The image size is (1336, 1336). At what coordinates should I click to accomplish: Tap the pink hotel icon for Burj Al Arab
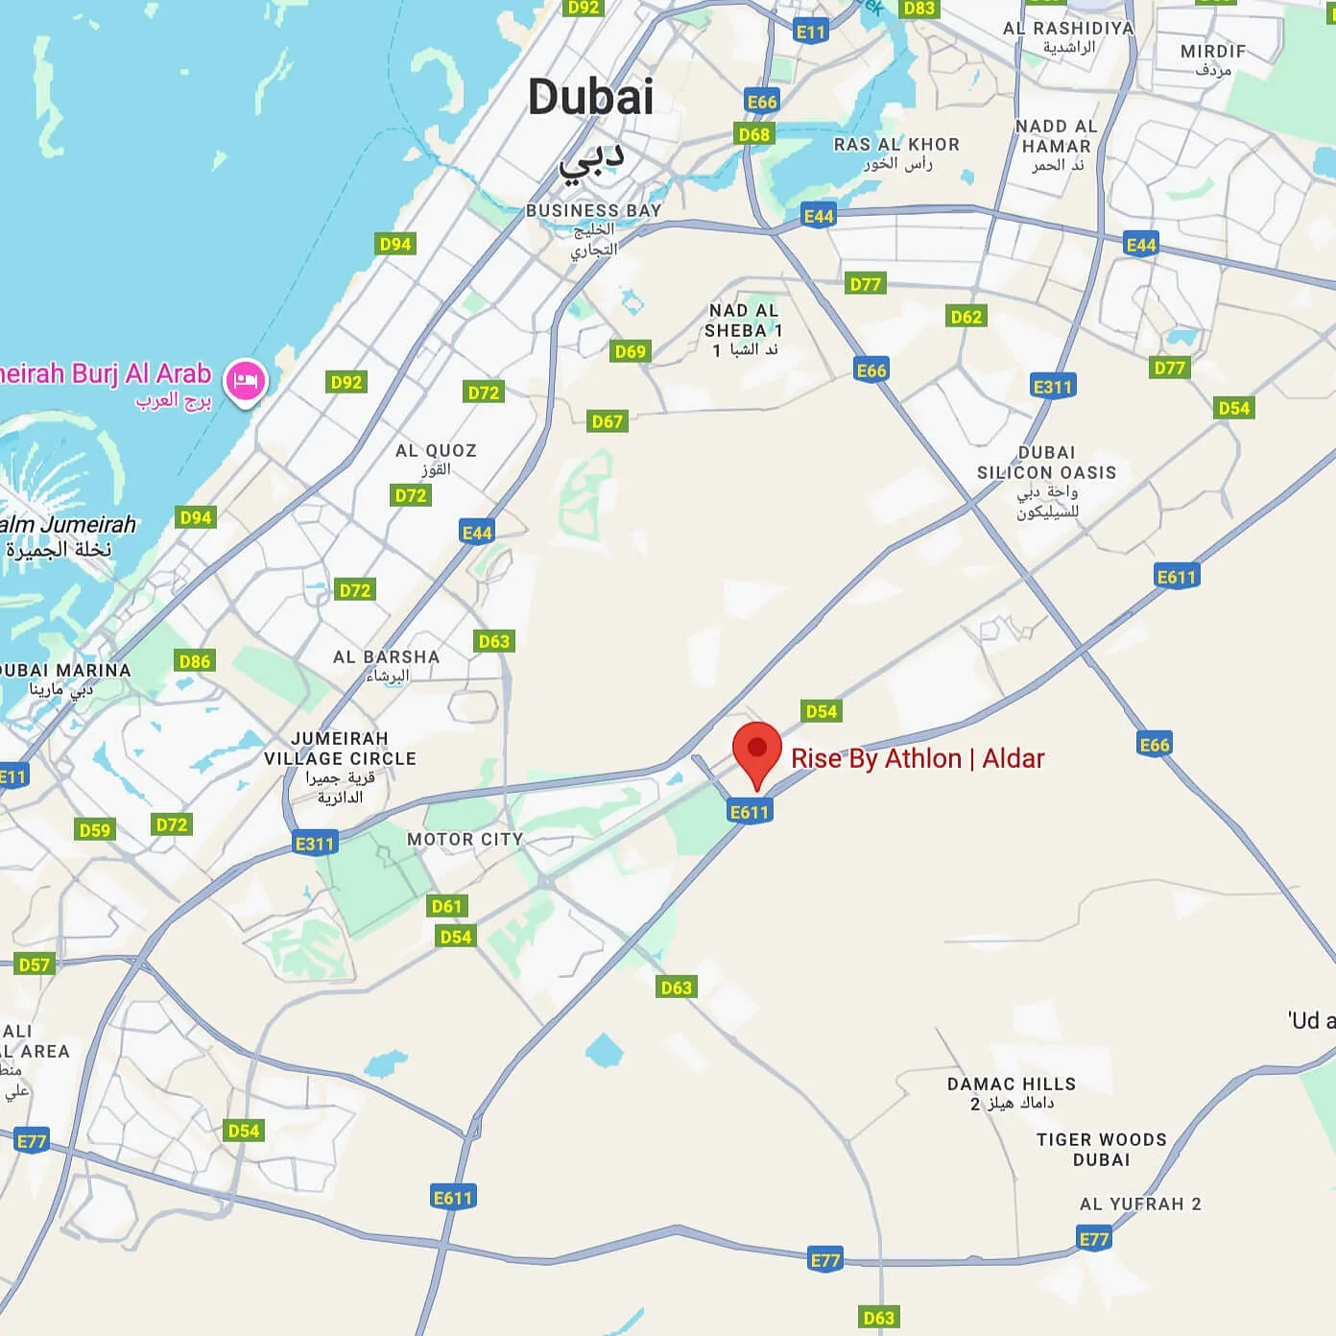coord(246,380)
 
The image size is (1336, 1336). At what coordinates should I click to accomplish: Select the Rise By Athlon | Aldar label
coord(917,759)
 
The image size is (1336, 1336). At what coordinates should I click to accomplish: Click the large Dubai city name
coord(590,98)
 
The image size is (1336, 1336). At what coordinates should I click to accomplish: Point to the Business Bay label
coord(593,210)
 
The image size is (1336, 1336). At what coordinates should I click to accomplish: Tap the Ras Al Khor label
coord(896,145)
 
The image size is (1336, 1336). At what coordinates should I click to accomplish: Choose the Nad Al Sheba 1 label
coord(743,329)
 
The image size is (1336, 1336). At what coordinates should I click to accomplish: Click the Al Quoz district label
coord(436,451)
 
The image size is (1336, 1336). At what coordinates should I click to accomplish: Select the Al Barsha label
coord(386,657)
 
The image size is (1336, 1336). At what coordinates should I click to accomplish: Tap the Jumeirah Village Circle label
coord(341,749)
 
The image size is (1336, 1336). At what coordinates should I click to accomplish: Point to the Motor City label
coord(465,840)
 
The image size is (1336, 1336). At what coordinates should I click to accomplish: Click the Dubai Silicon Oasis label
coord(1046,463)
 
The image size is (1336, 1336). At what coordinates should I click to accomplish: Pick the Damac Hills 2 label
coord(1012,1085)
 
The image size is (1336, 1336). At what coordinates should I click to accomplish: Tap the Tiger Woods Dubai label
coord(1101,1150)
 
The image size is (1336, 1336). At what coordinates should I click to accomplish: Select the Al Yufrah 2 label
coord(1140,1205)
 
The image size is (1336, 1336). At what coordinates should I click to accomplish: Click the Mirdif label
coord(1213,52)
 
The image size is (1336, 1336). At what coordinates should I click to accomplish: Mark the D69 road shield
coord(630,351)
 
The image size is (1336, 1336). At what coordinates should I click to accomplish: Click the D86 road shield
coord(195,660)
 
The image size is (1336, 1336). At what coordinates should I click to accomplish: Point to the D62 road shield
coord(966,317)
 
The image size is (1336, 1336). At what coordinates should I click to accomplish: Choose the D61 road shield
coord(446,906)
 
